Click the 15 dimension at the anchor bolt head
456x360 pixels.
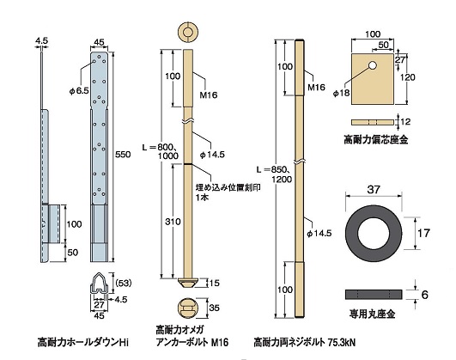(x=212, y=282)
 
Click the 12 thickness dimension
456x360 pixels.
(x=416, y=122)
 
